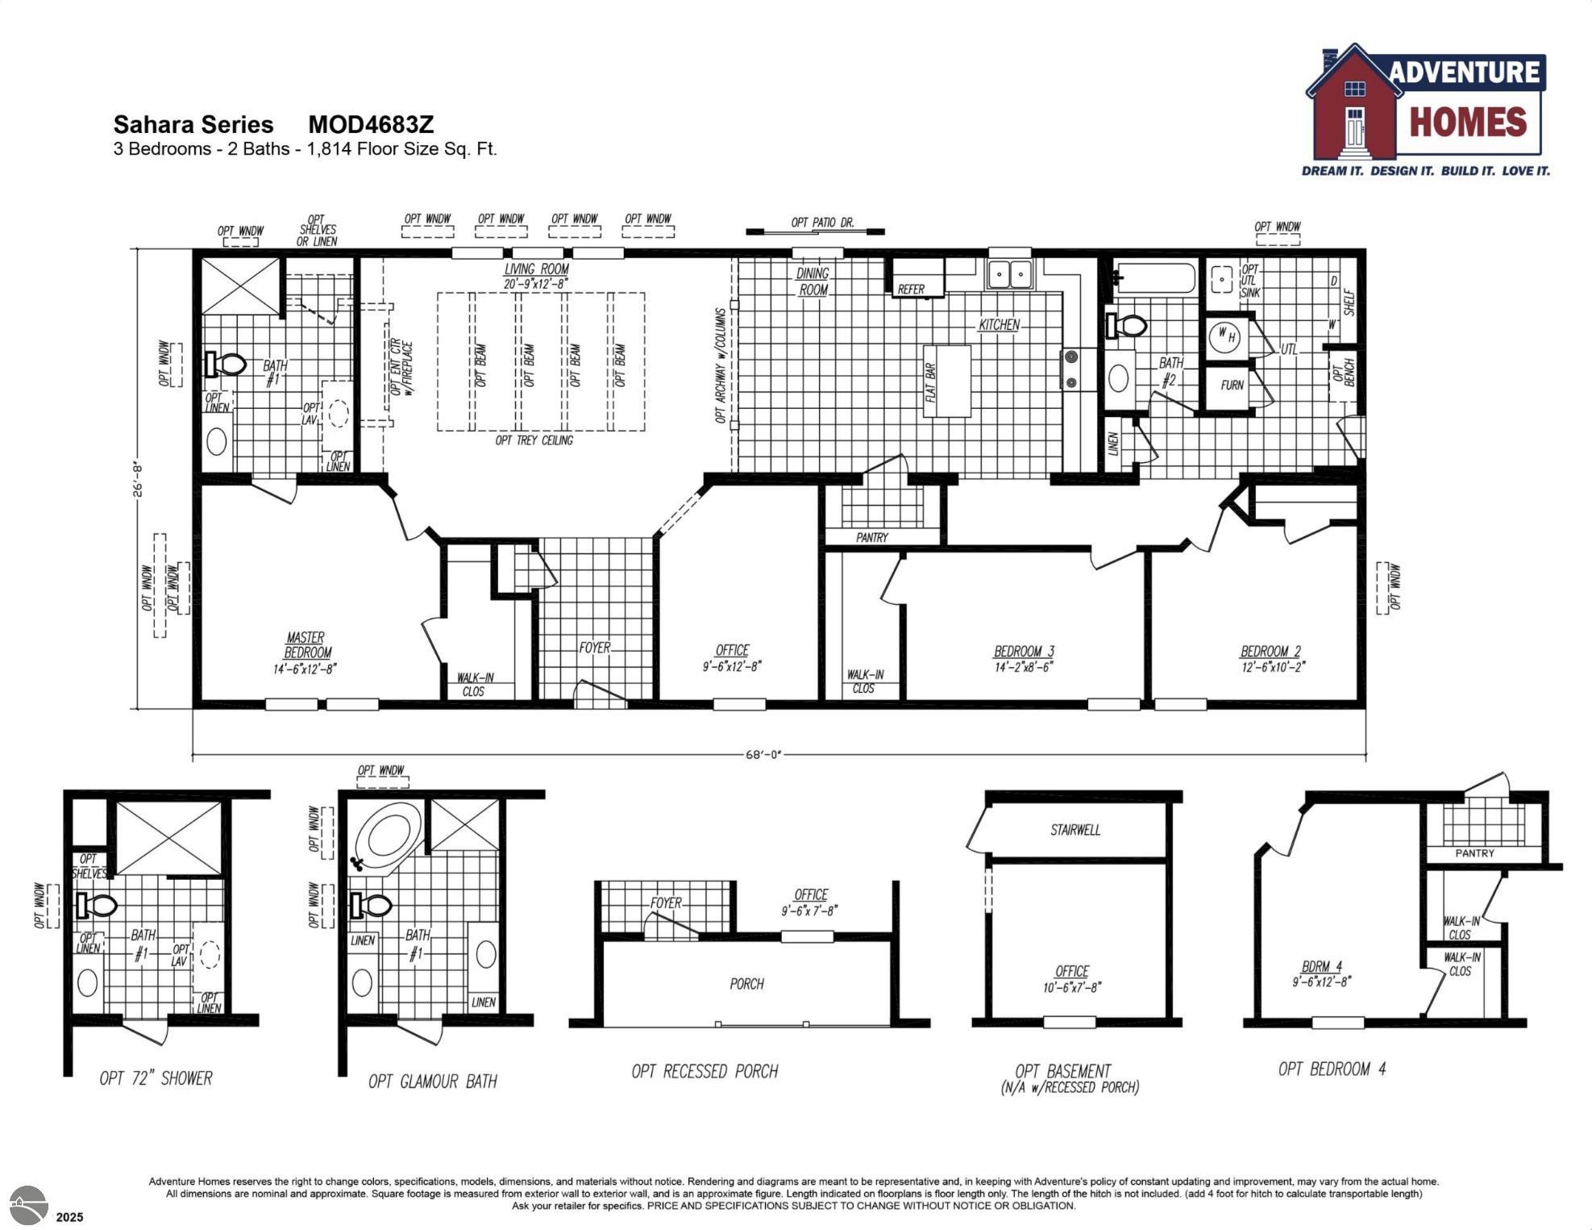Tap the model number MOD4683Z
click(371, 125)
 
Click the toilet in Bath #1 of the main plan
click(227, 365)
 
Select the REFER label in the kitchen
click(911, 289)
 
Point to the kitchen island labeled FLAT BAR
click(947, 382)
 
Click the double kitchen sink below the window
click(1010, 274)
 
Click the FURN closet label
click(1231, 386)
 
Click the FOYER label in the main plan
click(594, 648)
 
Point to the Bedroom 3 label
click(1023, 652)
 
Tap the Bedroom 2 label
click(1270, 652)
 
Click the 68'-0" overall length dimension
click(763, 755)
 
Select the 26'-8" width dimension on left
click(138, 479)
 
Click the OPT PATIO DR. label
click(821, 223)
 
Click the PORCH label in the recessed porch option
click(746, 984)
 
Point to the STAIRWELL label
click(1074, 830)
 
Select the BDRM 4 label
click(1321, 967)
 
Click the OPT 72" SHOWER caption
click(156, 1079)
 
